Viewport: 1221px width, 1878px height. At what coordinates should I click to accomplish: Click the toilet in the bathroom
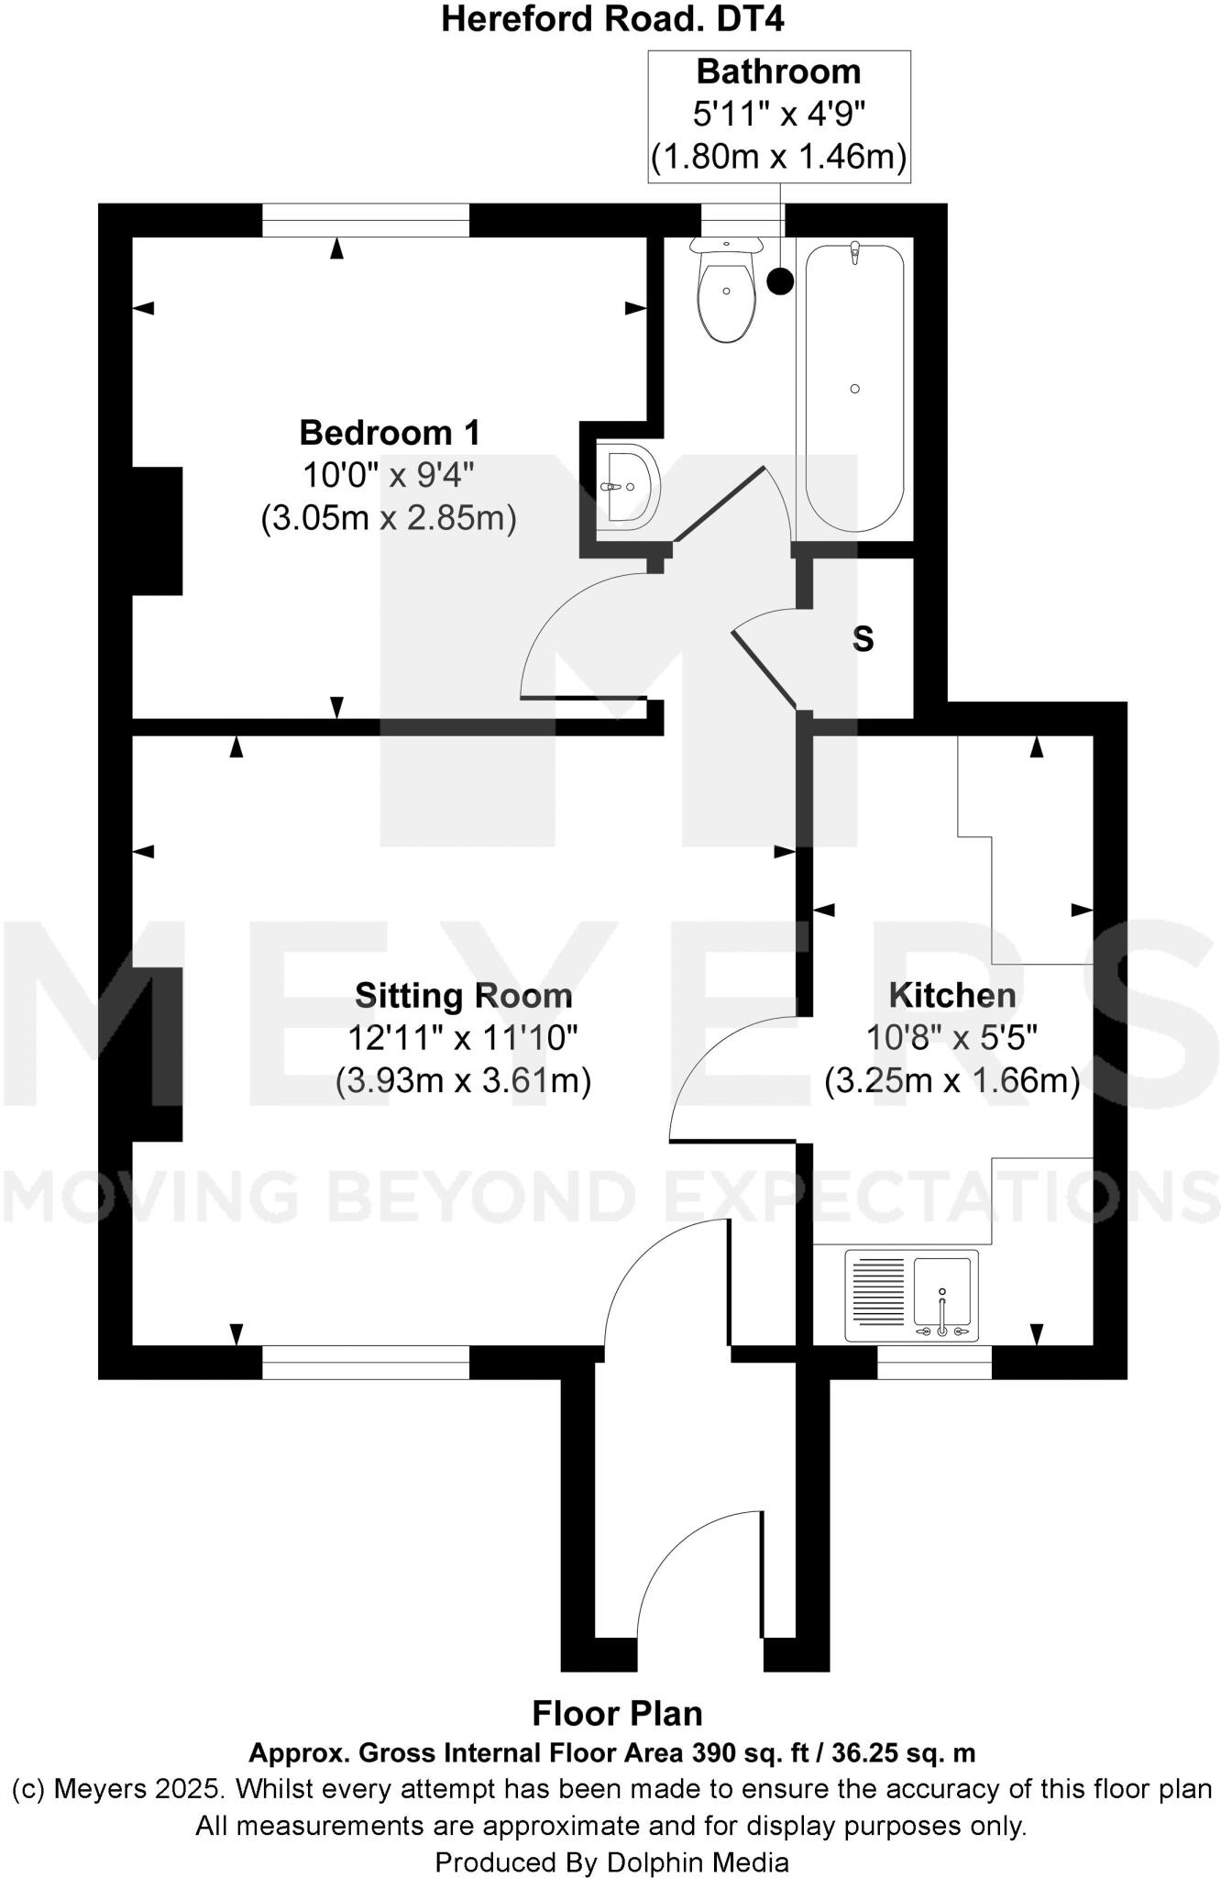(727, 292)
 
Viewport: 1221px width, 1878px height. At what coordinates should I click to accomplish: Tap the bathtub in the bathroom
(854, 388)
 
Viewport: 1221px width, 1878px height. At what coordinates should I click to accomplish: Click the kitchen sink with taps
(911, 1296)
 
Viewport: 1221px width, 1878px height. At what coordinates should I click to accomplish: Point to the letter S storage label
(863, 639)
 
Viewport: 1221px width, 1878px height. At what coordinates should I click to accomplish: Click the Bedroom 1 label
(390, 432)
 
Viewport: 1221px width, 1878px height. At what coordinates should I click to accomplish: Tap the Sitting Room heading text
(463, 995)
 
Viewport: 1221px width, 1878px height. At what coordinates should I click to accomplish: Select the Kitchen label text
(952, 995)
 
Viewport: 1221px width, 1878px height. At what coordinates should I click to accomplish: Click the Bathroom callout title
(778, 72)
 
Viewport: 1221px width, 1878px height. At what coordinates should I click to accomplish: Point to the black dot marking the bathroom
(780, 282)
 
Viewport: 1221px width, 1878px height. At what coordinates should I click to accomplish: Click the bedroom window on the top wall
(366, 220)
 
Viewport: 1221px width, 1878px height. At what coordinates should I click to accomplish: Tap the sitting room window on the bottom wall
(366, 1362)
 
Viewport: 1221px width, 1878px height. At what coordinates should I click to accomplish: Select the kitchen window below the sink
(934, 1362)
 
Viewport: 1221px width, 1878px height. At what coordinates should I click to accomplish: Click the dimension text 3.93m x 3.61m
(463, 1080)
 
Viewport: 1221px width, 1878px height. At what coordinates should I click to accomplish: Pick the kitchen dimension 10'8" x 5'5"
(952, 1038)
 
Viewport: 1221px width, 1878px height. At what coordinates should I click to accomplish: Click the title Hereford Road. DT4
(611, 18)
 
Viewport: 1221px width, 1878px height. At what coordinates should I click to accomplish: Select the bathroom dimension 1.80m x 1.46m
(778, 157)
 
